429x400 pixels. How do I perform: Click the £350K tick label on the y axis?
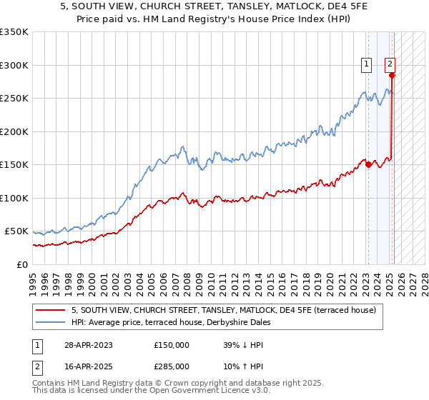click(x=14, y=32)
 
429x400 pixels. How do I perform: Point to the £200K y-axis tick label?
click(x=14, y=131)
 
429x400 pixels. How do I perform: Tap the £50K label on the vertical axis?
click(x=17, y=231)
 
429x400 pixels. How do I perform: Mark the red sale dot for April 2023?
click(x=368, y=164)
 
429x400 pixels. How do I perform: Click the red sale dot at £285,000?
click(x=392, y=75)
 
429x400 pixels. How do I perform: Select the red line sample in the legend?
click(x=51, y=310)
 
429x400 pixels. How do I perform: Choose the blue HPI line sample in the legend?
click(x=51, y=322)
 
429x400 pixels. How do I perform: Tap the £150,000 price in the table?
click(x=172, y=344)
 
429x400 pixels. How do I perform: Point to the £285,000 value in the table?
click(x=172, y=366)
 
